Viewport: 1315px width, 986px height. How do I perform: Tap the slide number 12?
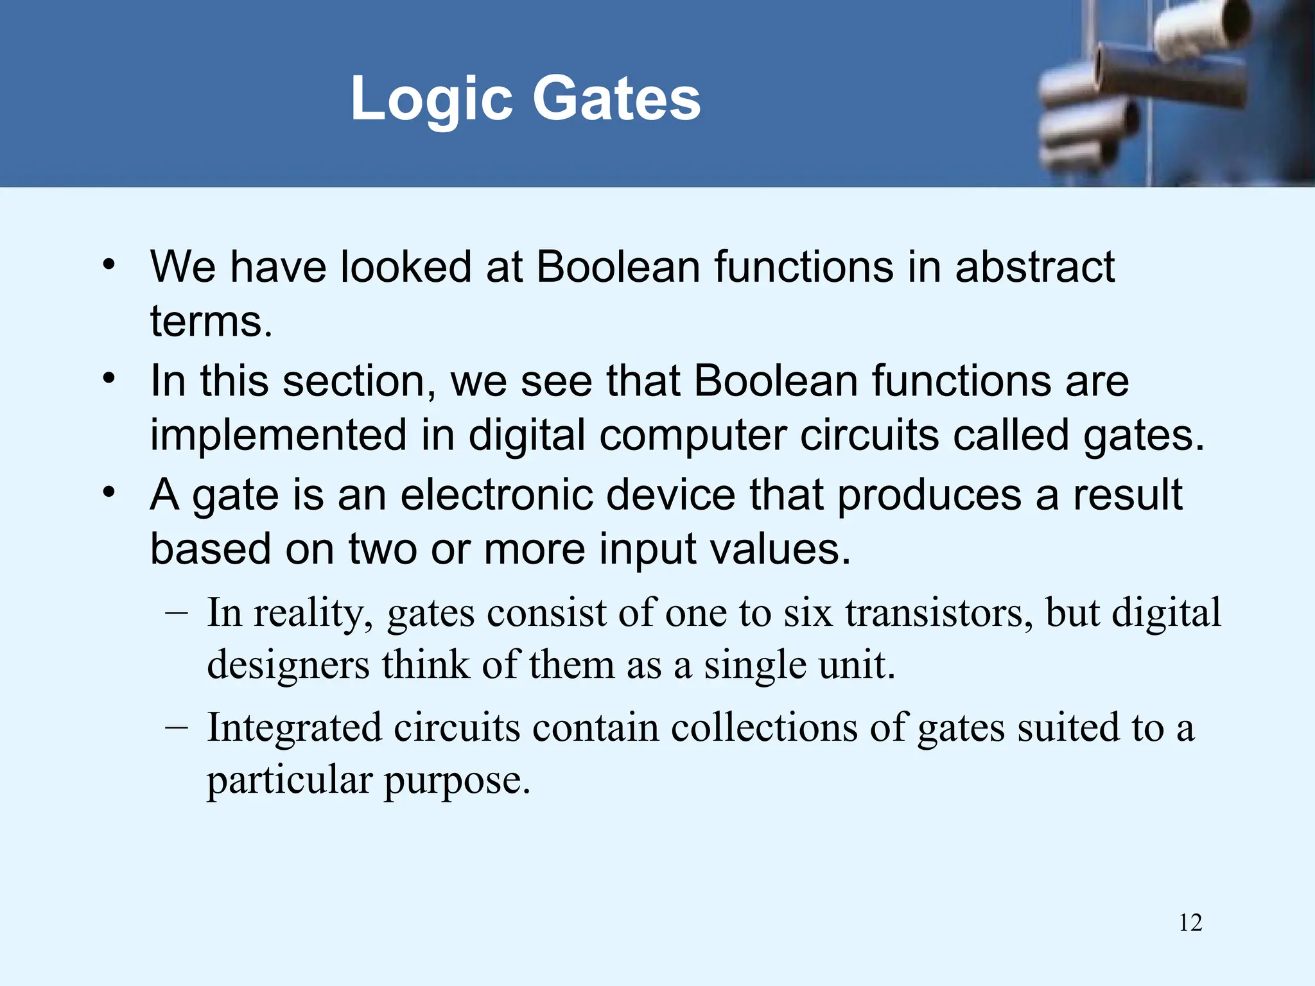click(1190, 923)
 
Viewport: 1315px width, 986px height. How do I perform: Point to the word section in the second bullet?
click(354, 381)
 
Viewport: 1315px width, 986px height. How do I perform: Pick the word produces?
click(929, 496)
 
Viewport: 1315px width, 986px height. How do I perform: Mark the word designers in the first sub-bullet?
click(288, 665)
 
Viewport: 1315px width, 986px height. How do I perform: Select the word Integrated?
click(294, 729)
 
